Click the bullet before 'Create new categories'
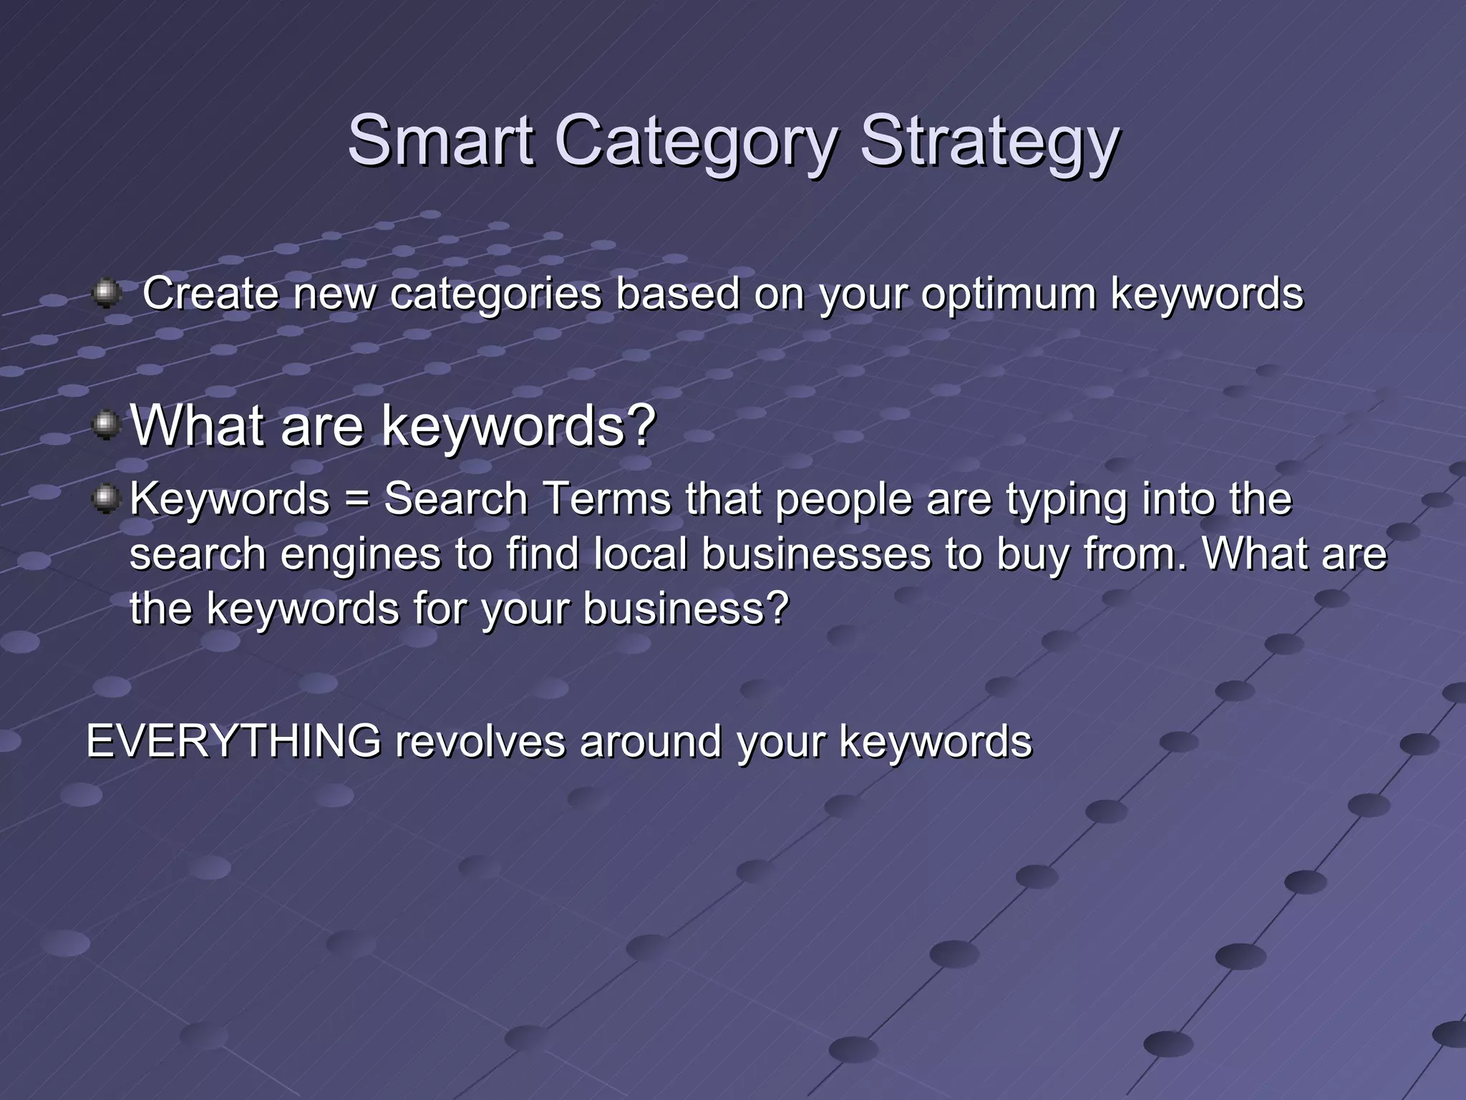(x=107, y=294)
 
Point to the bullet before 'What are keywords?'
(x=107, y=425)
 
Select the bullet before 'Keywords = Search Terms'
(x=107, y=498)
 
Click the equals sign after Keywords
(x=356, y=499)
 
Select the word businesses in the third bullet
(x=816, y=554)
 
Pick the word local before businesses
(x=641, y=554)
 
